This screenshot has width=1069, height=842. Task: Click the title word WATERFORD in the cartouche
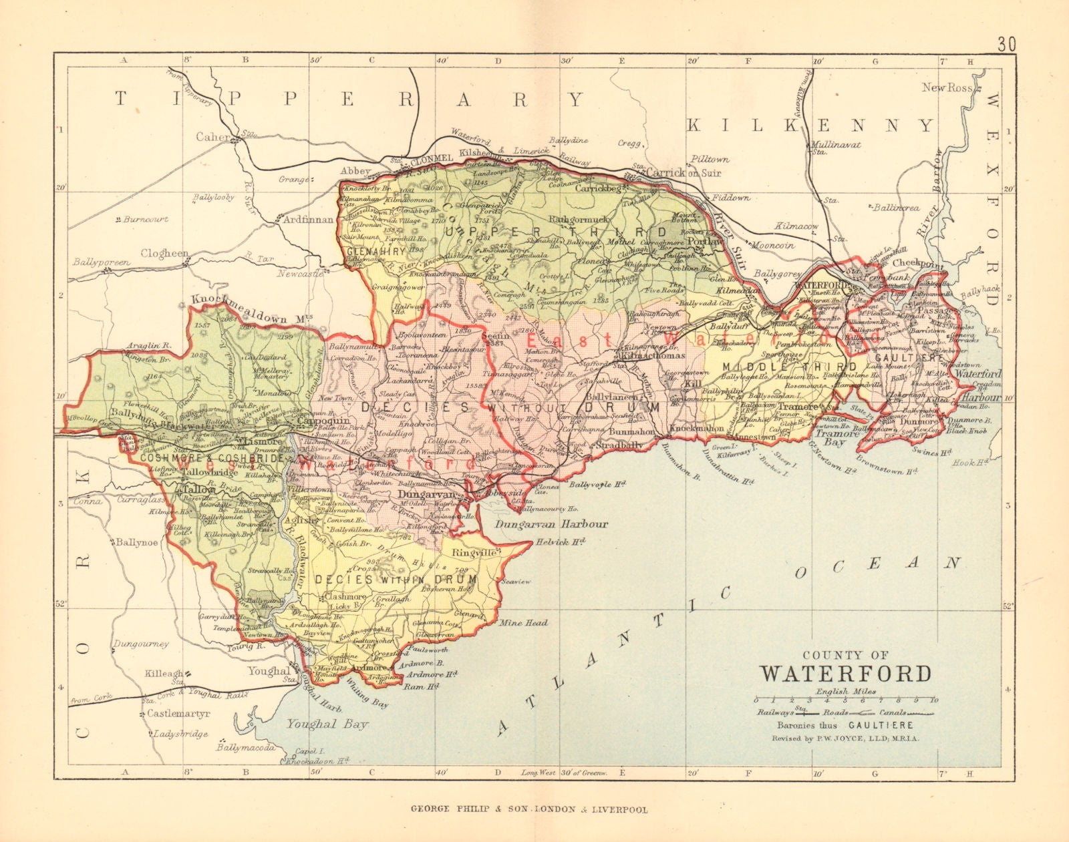pyautogui.click(x=846, y=673)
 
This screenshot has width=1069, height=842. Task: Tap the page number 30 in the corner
pyautogui.click(x=1007, y=45)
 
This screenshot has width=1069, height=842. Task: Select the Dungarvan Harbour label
pyautogui.click(x=551, y=524)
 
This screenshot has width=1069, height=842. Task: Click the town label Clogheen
pyautogui.click(x=164, y=254)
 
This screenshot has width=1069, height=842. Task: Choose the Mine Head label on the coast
pyautogui.click(x=523, y=622)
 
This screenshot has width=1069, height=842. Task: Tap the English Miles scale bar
pyautogui.click(x=845, y=700)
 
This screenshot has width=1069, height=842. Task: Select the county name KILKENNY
pyautogui.click(x=810, y=125)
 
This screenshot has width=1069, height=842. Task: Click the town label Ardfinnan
pyautogui.click(x=308, y=219)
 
